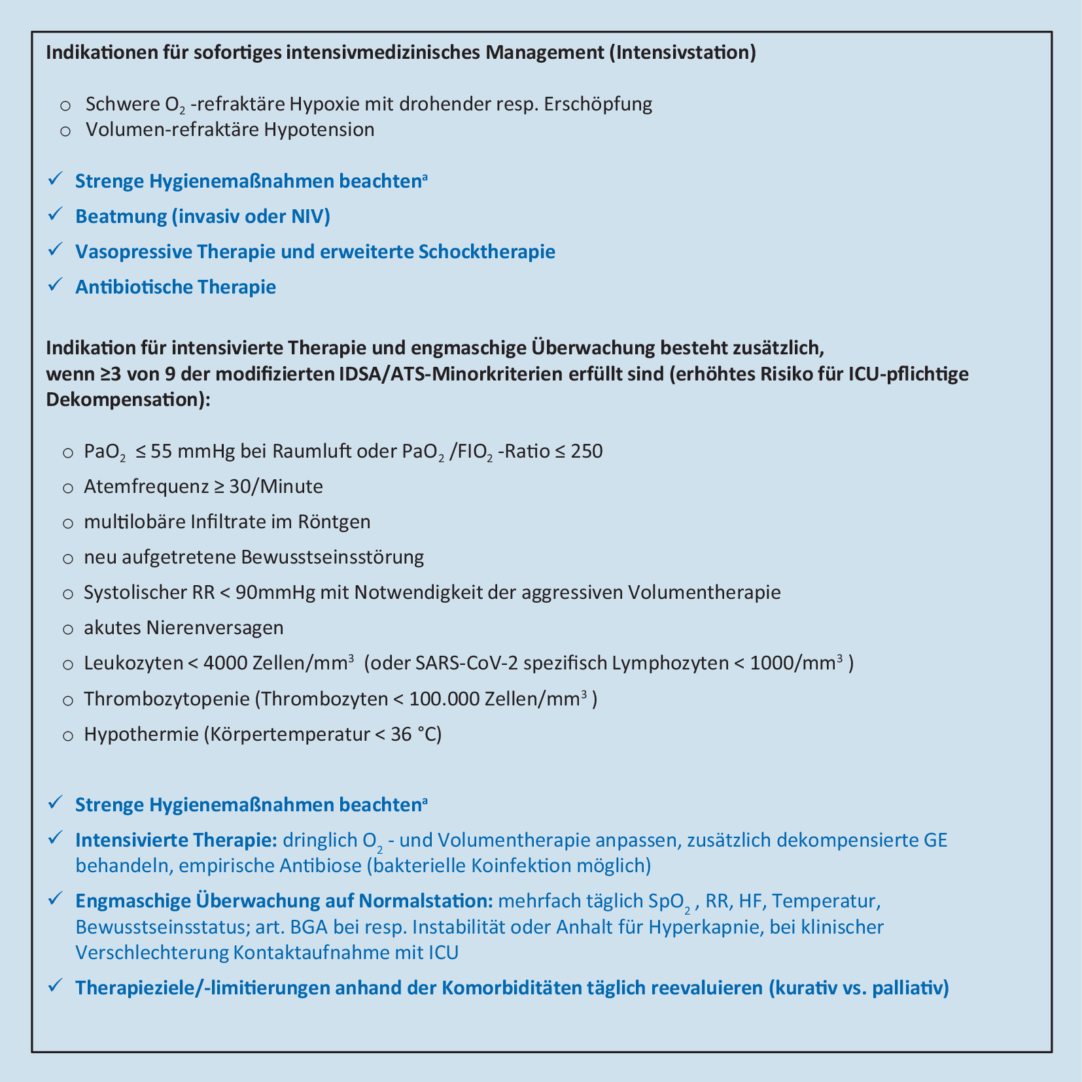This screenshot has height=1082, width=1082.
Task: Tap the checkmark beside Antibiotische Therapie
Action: pyautogui.click(x=55, y=284)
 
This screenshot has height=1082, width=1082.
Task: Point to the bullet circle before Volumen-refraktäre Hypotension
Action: pyautogui.click(x=65, y=130)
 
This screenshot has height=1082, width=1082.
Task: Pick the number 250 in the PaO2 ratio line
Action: pyautogui.click(x=586, y=451)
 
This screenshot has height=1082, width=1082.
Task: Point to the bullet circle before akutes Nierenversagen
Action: pyautogui.click(x=67, y=629)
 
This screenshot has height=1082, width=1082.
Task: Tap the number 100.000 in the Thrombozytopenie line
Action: pyautogui.click(x=444, y=699)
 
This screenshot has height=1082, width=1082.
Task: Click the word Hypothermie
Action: pyautogui.click(x=141, y=734)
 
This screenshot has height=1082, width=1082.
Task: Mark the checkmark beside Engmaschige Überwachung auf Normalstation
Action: pyautogui.click(x=55, y=899)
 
